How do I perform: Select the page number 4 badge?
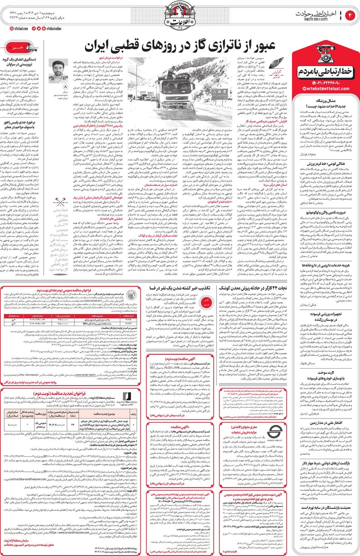tap(351, 15)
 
